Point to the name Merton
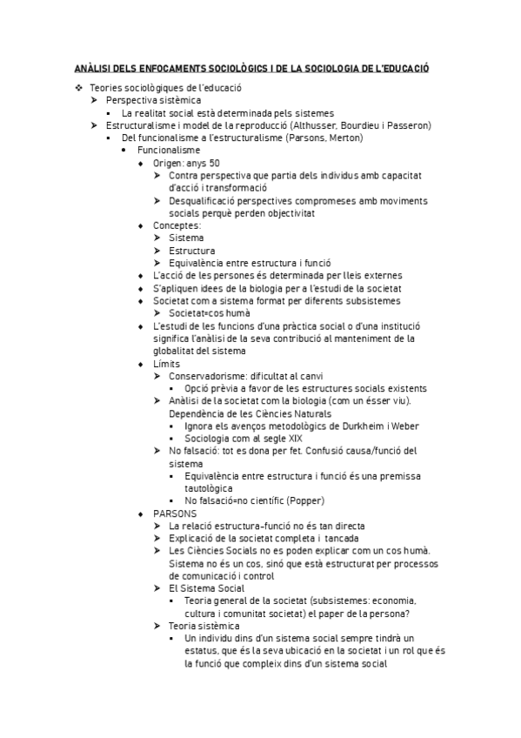point(343,138)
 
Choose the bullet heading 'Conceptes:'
point(177,225)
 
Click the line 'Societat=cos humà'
point(210,313)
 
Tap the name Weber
point(411,426)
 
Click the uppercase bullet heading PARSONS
point(175,513)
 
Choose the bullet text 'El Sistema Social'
point(206,588)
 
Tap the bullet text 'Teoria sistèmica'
point(204,626)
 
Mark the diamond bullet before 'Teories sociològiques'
point(78,88)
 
